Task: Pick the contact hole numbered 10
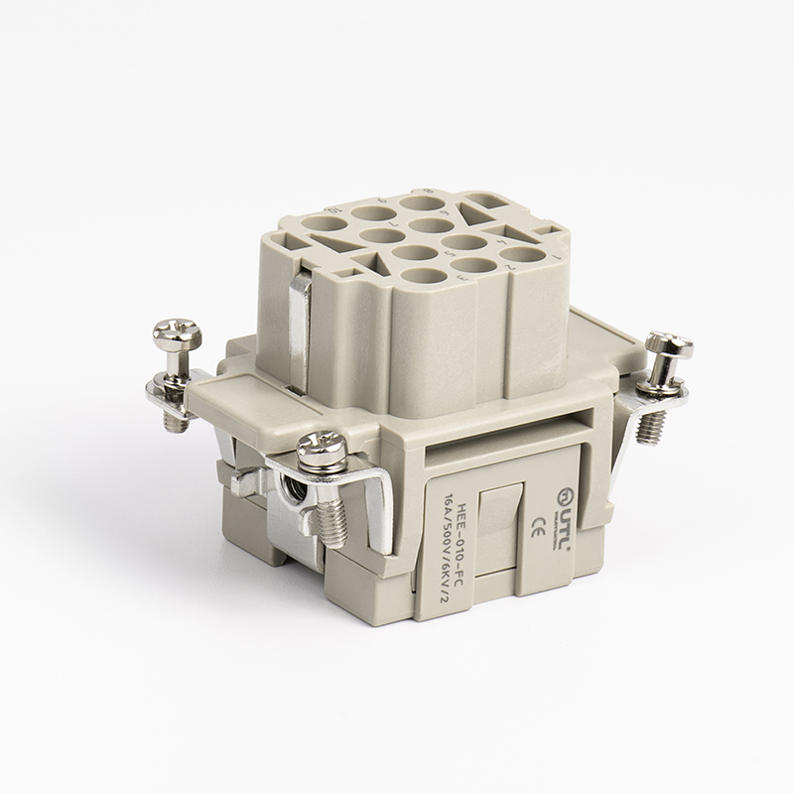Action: (x=324, y=225)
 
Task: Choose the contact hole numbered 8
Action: (x=417, y=206)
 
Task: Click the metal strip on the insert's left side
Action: (x=301, y=318)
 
